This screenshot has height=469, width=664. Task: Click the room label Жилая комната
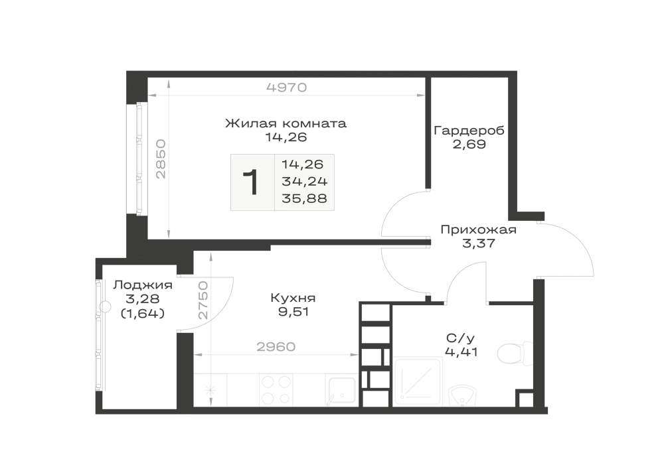click(286, 123)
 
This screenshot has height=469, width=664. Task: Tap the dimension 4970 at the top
click(286, 88)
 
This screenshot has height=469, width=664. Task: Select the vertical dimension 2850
click(161, 159)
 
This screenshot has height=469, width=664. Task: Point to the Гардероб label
click(469, 131)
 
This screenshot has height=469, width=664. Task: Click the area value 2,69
click(469, 145)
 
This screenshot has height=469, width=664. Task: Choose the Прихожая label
click(479, 230)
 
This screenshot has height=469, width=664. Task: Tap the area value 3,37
click(479, 243)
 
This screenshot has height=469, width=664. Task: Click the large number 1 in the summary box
click(252, 182)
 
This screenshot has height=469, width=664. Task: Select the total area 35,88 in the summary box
click(305, 198)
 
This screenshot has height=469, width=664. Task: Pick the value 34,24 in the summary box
click(305, 181)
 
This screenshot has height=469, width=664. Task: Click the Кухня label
click(293, 298)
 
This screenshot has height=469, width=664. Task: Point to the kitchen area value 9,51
click(293, 312)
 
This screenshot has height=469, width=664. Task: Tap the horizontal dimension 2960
click(276, 347)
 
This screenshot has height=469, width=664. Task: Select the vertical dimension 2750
click(204, 300)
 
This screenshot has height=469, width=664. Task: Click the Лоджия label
click(143, 285)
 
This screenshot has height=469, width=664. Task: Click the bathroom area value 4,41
click(461, 352)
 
